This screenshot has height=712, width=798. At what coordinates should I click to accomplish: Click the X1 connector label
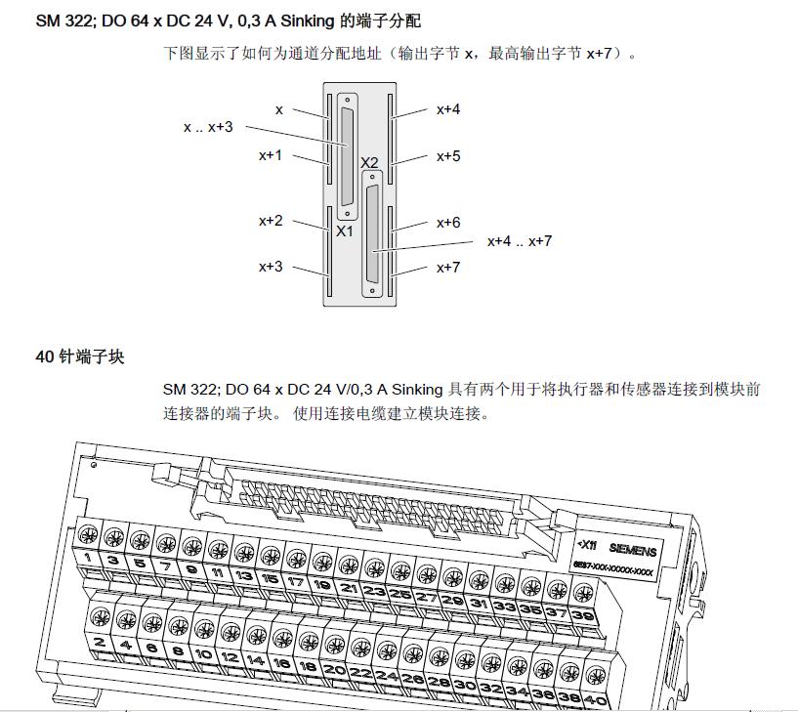click(344, 231)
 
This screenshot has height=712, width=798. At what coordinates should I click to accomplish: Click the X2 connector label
click(369, 162)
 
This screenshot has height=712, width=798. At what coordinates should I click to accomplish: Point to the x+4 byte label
click(448, 109)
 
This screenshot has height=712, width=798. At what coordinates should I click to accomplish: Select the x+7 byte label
click(448, 267)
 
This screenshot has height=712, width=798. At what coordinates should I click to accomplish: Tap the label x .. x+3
click(208, 127)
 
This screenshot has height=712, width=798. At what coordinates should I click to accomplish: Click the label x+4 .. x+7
click(520, 240)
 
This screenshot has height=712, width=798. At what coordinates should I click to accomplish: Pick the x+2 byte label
click(271, 222)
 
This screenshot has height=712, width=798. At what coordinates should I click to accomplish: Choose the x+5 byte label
click(448, 155)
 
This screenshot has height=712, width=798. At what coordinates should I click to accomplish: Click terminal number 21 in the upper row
click(349, 589)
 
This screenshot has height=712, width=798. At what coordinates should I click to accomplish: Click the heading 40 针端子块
click(80, 356)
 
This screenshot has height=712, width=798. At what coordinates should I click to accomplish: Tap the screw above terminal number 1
click(88, 534)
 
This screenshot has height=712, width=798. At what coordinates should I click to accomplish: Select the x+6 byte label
click(448, 223)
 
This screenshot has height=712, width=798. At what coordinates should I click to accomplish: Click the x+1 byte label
click(271, 154)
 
